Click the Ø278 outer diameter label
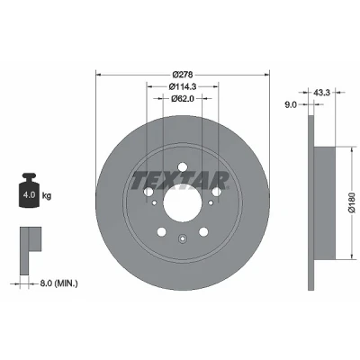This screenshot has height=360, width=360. coord(183,74)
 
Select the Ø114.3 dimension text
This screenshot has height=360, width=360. coord(183,86)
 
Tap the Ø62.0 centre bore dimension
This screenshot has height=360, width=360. coord(183,98)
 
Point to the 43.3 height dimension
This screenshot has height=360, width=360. coord(321,93)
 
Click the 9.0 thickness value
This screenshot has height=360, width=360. coord(291,104)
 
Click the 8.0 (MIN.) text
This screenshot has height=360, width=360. coord(59,283)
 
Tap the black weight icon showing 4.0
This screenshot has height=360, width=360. coord(29,190)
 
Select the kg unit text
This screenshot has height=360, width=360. coord(47,196)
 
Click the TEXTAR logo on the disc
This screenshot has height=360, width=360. coord(180,180)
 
